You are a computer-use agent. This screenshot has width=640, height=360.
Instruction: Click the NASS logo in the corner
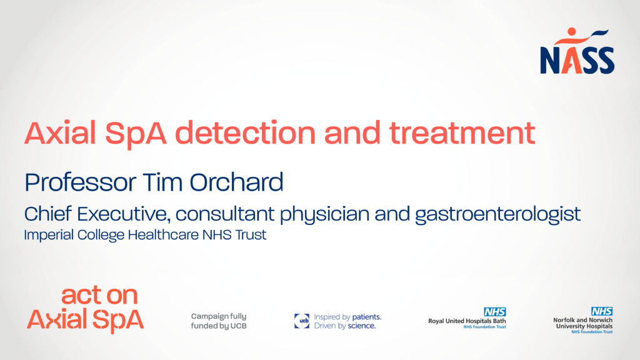pos(577,51)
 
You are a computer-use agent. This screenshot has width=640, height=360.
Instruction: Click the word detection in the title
pos(245,133)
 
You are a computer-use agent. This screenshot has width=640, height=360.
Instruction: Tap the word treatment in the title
pos(462,133)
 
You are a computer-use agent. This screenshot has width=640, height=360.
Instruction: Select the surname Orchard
pos(236,182)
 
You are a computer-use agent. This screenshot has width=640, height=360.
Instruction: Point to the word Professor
pos(81,182)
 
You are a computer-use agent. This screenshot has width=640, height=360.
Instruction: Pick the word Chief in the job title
pos(47,214)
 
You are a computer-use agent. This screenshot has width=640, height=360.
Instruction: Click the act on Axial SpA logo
pos(85,309)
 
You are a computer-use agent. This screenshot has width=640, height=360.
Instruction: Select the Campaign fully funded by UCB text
pos(219,321)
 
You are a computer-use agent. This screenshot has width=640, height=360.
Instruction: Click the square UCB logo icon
pos(302,321)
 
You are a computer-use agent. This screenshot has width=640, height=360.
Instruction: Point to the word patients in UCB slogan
pos(366,317)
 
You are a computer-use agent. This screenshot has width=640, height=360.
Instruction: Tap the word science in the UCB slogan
pos(362,326)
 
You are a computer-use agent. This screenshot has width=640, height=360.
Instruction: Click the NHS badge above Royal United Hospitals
pos(495,312)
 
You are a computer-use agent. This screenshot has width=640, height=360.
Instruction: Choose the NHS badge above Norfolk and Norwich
pos(602,311)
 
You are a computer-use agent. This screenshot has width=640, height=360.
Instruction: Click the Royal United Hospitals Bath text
pos(467,321)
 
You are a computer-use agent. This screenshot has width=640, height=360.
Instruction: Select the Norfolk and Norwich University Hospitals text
pos(583,323)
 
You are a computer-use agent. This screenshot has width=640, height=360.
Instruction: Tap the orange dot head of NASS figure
pos(571,31)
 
